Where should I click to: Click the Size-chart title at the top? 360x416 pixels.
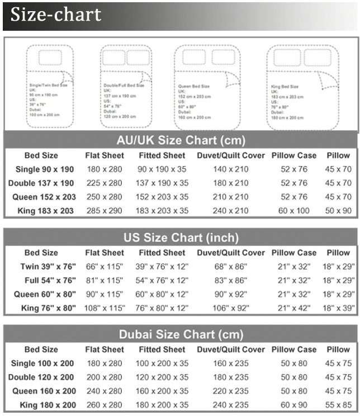56,15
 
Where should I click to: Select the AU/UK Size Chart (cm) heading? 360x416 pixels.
181,140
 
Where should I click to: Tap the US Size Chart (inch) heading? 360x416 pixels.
181,237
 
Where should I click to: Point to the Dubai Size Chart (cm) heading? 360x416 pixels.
181,334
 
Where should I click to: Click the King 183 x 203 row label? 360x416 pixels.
42,211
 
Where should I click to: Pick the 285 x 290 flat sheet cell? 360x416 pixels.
105,211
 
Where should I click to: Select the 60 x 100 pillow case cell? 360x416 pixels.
294,211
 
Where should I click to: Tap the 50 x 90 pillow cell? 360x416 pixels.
339,211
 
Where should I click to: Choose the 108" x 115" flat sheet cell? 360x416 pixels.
105,308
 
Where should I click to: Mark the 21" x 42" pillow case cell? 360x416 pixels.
294,308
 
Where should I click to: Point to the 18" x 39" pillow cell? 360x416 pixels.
339,308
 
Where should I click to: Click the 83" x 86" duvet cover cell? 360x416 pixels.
231,280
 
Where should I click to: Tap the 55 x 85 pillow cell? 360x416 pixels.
339,405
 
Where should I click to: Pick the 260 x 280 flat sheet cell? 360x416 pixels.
105,405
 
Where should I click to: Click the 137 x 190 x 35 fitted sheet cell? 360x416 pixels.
162,183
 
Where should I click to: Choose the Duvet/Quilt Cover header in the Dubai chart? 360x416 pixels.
231,349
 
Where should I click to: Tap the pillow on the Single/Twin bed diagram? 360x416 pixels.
51,58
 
